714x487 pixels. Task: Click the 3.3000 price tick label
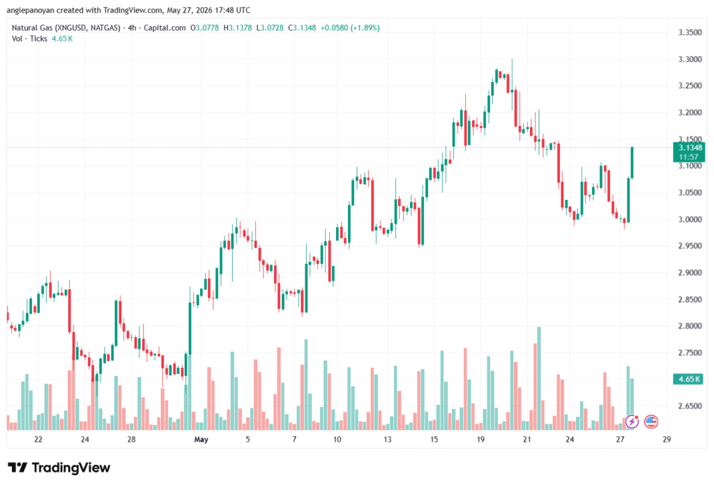[690, 59]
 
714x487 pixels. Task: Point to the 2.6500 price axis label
[690, 406]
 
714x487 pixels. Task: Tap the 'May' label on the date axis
[201, 439]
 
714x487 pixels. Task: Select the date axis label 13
[387, 439]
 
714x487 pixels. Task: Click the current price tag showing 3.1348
[690, 148]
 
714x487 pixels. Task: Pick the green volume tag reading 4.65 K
[689, 379]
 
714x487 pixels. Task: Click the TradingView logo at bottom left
[59, 467]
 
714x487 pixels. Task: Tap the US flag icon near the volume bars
[651, 422]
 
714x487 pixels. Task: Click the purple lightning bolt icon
[632, 422]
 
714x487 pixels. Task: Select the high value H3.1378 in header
[238, 28]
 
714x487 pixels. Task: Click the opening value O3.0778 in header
[204, 28]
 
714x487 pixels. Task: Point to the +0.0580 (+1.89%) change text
[350, 28]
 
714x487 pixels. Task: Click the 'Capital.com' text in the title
[165, 28]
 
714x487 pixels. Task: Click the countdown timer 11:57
[688, 157]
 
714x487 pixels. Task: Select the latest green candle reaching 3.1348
[632, 162]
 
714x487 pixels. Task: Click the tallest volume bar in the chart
[539, 378]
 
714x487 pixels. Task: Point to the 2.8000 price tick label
[690, 326]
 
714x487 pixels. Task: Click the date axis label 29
[667, 439]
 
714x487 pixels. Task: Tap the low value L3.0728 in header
[270, 28]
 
